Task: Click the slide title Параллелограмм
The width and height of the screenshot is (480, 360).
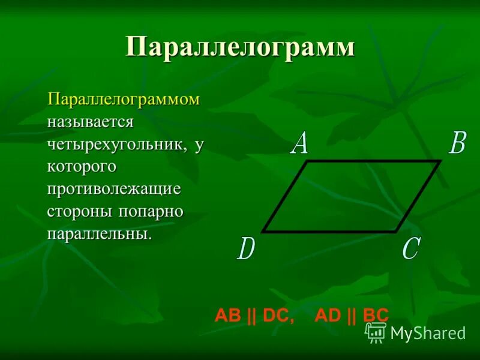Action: click(x=240, y=47)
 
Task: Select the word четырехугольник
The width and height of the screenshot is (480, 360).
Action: click(x=115, y=144)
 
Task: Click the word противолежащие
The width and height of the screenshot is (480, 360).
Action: click(x=115, y=188)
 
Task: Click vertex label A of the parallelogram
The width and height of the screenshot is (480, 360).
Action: click(x=299, y=144)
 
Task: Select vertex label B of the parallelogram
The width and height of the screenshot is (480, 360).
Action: click(x=457, y=144)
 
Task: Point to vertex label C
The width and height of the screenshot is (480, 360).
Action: click(x=410, y=248)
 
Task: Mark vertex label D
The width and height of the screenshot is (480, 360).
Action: click(x=246, y=248)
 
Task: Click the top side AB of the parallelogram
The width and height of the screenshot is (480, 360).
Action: click(x=374, y=161)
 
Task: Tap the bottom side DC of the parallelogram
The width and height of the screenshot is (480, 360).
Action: click(x=329, y=231)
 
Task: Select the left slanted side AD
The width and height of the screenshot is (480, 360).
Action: click(x=286, y=196)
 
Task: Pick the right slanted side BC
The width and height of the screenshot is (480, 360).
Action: click(x=418, y=196)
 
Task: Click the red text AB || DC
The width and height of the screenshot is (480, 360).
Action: click(x=254, y=316)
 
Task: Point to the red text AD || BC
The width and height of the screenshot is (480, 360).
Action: click(x=352, y=316)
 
